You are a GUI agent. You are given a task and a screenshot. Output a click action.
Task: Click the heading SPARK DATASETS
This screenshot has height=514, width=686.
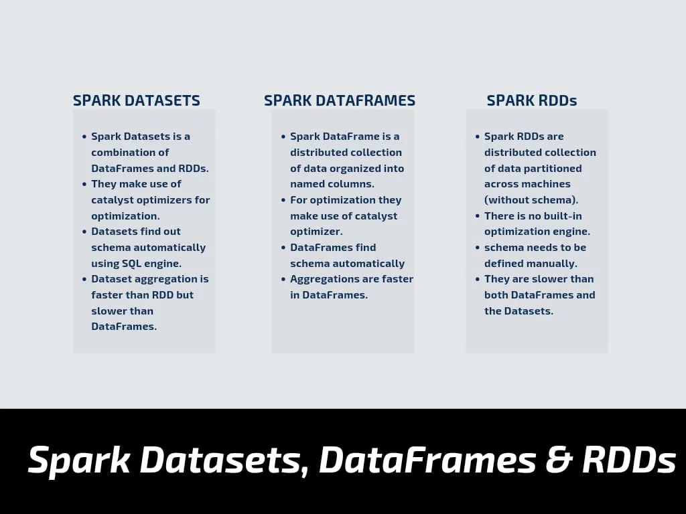137,100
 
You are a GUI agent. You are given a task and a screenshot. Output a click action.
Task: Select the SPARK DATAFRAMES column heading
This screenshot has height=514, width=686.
340,100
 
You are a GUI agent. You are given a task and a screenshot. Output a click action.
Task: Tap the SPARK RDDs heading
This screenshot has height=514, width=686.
531,100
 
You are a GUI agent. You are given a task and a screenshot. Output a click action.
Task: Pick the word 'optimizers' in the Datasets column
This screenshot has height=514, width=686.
169,200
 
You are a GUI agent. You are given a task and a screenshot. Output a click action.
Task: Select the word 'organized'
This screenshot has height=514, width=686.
355,169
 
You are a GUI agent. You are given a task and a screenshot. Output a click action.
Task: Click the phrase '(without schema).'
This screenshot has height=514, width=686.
531,200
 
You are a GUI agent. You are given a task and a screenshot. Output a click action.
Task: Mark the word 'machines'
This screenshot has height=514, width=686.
549,184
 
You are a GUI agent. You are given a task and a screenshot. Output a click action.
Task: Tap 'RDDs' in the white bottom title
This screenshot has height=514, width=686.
629,459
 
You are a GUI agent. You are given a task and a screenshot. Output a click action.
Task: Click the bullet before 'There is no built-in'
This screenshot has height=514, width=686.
477,216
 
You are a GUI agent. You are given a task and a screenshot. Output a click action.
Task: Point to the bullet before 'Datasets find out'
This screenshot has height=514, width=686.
84,232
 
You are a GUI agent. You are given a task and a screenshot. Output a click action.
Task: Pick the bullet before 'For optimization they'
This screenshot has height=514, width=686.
283,200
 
